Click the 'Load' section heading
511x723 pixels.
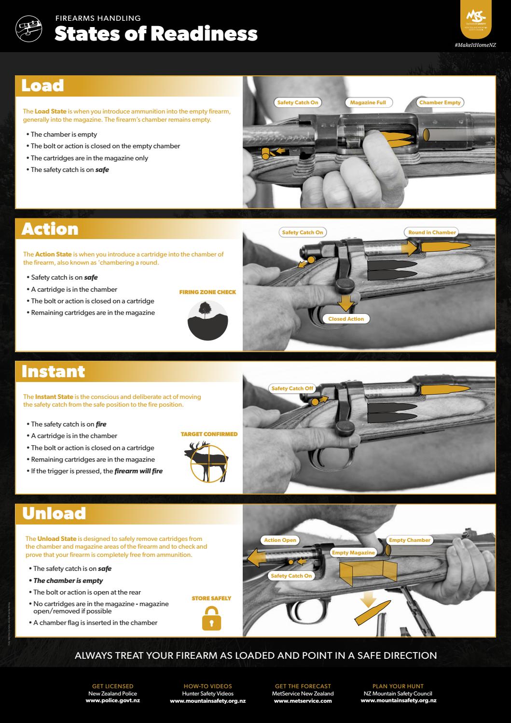(42, 85)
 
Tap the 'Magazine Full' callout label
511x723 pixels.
(368, 102)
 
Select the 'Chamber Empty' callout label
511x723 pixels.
(440, 102)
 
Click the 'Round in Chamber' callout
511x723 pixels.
(432, 232)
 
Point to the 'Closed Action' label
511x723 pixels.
(346, 319)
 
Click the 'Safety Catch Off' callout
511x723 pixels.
(292, 388)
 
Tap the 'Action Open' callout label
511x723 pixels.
(280, 540)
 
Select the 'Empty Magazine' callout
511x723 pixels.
(353, 553)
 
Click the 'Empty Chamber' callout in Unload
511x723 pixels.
(409, 540)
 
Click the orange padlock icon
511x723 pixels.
(211, 619)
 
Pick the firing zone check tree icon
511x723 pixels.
(207, 320)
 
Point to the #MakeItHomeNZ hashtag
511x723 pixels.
(475, 45)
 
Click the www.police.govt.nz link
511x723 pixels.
(112, 700)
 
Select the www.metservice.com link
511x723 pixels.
(303, 700)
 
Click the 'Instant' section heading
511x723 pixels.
(53, 371)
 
